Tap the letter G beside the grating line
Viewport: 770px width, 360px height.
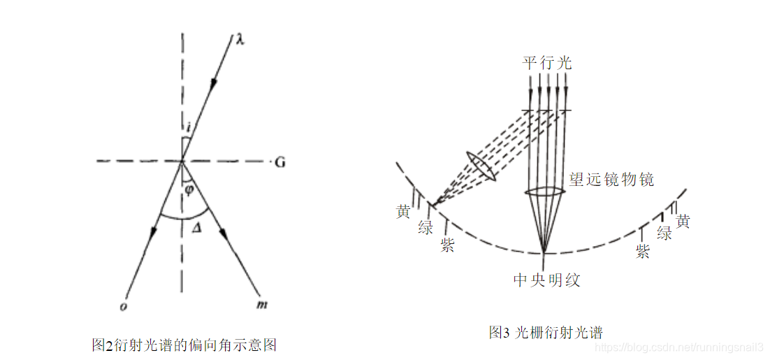coord(280,163)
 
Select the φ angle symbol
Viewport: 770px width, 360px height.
coord(188,189)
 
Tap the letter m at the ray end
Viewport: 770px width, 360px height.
coord(263,305)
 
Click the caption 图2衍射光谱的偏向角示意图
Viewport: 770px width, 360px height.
coord(184,345)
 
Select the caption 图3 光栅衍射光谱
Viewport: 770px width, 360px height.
coord(546,332)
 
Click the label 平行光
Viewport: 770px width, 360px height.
coord(547,63)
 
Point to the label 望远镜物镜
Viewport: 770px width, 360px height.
coord(612,180)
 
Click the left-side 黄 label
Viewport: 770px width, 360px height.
coord(402,212)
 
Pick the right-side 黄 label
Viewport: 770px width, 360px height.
coord(683,222)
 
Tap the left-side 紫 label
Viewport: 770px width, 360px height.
coord(447,245)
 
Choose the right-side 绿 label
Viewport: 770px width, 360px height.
coord(664,233)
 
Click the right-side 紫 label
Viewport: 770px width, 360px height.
coord(642,252)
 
